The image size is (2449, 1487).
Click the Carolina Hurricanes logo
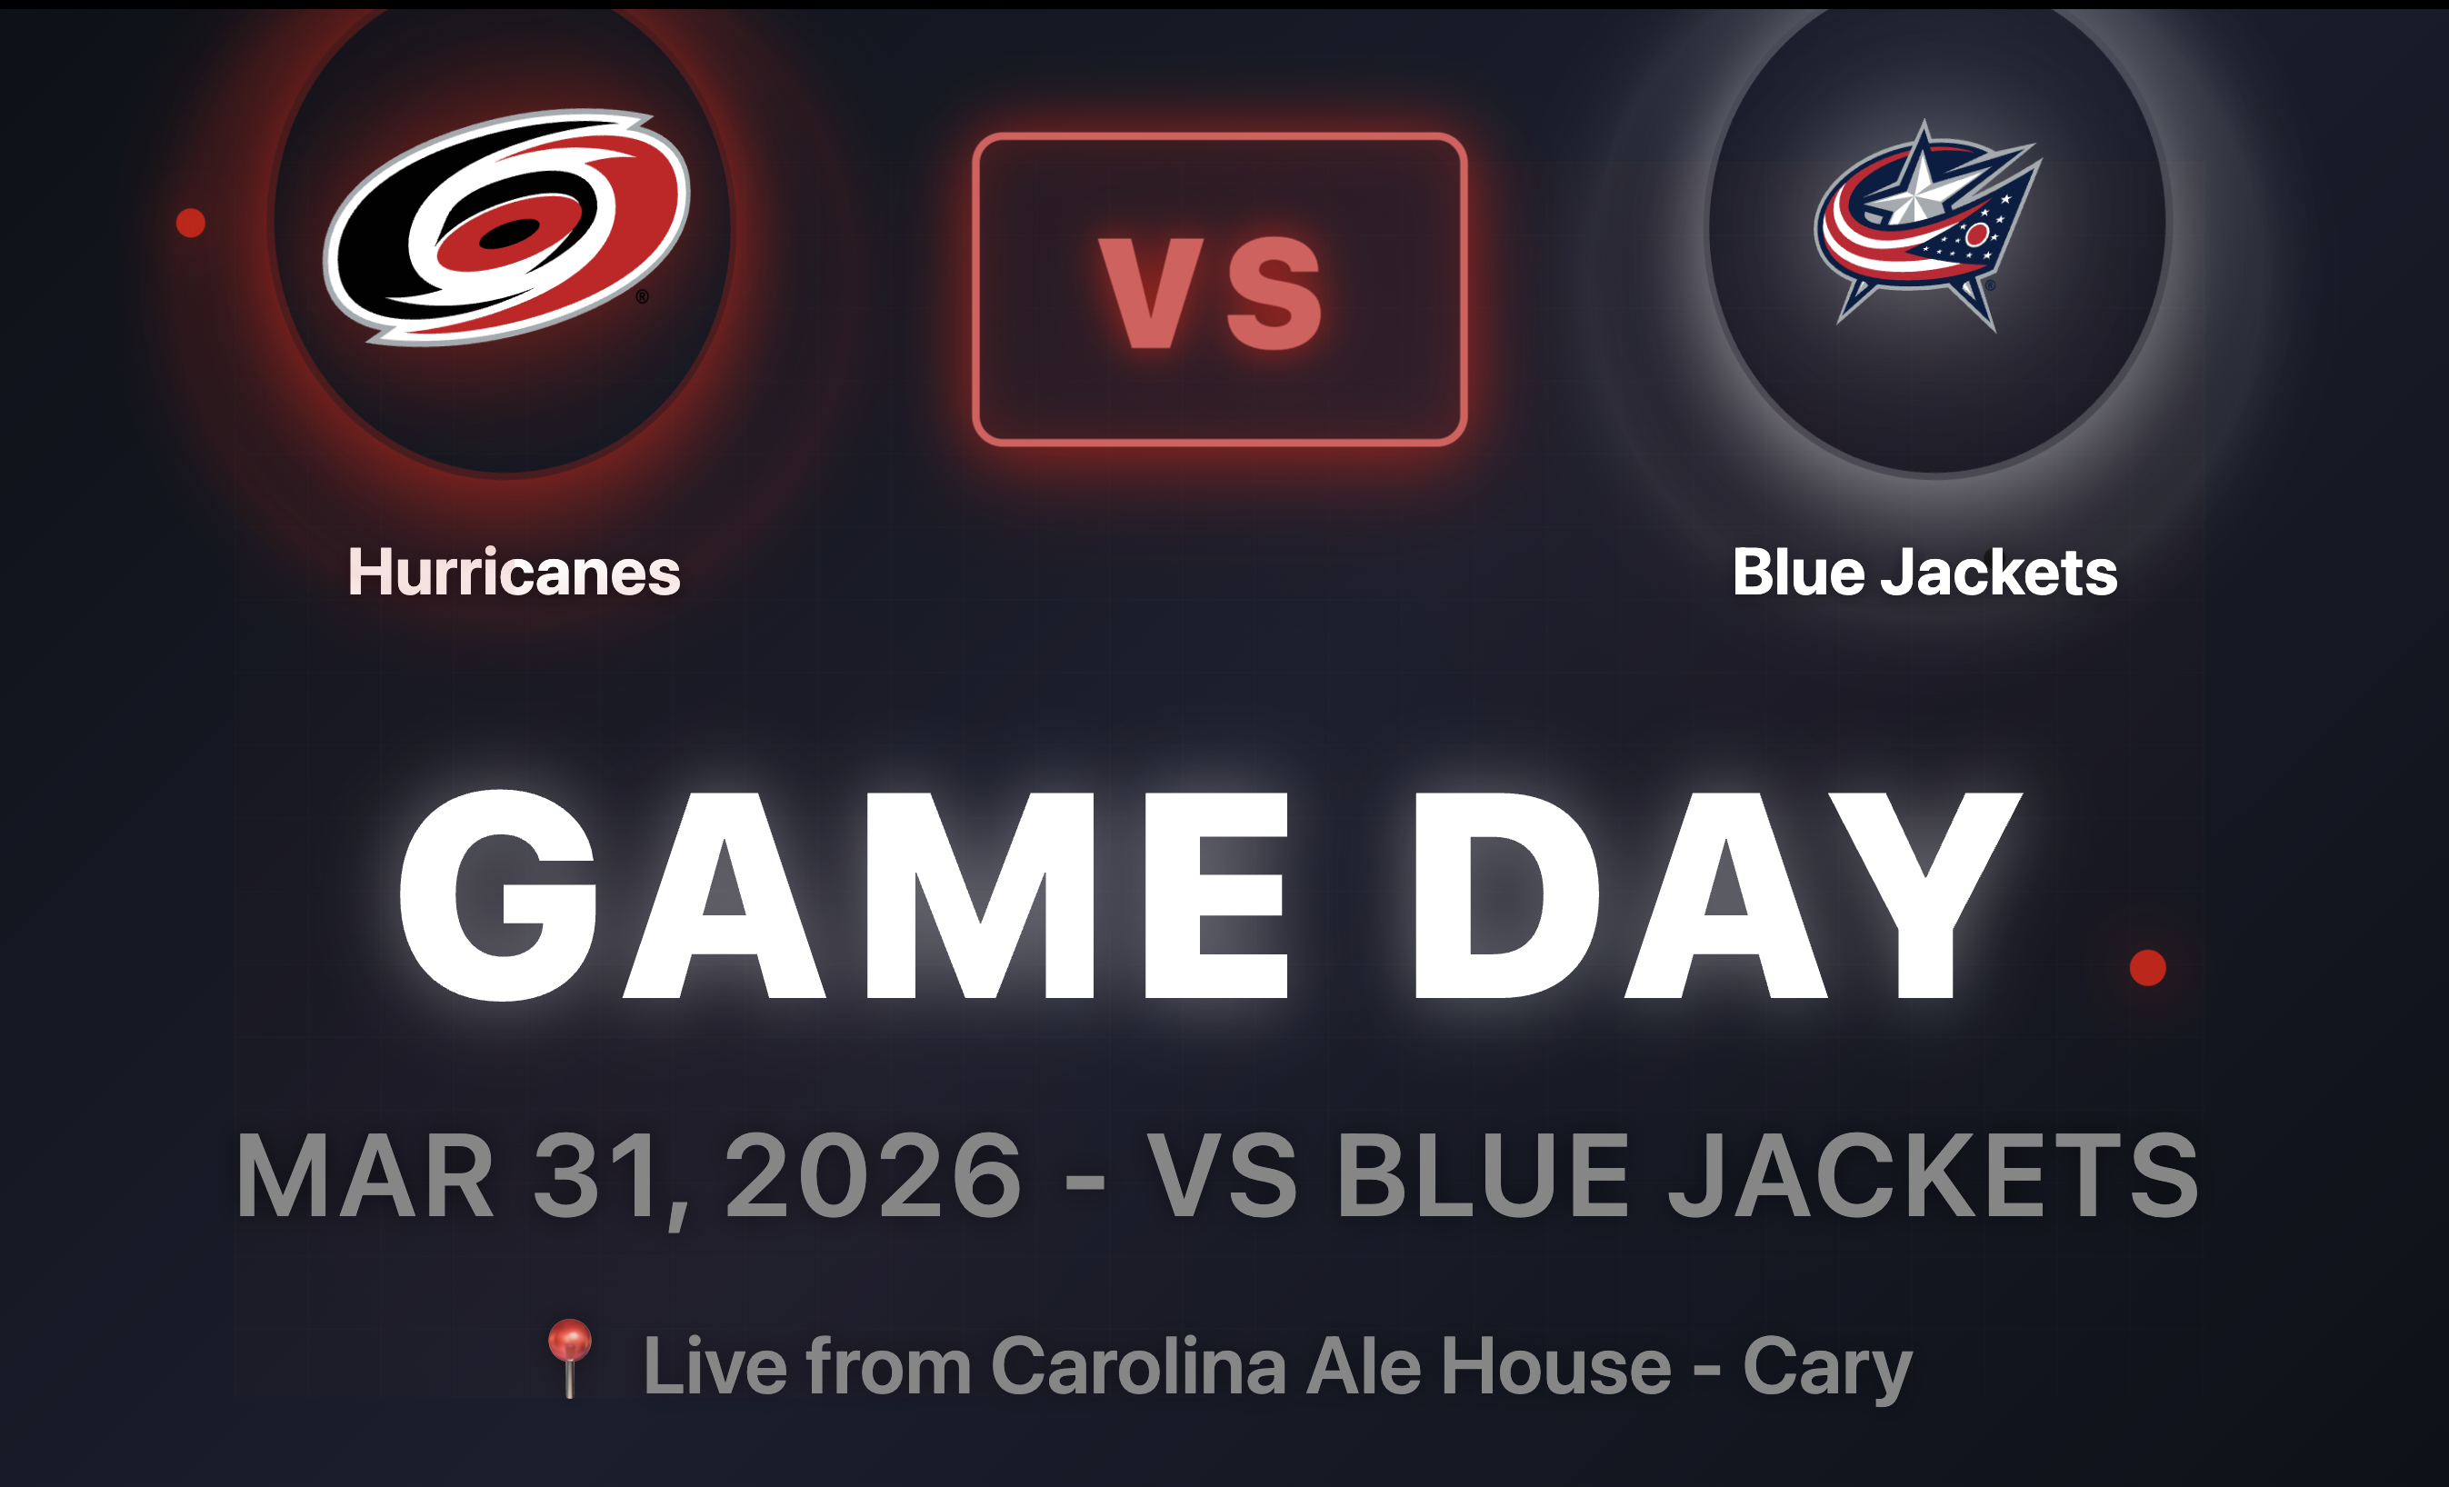[507, 226]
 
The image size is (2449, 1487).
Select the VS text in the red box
[1211, 294]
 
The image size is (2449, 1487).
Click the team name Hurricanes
[514, 573]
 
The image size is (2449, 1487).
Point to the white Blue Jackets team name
[1925, 573]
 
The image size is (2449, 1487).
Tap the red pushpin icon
[571, 1358]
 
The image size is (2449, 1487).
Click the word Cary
[1827, 1370]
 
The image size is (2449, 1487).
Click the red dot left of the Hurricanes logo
[191, 223]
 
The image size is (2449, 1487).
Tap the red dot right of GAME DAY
[2148, 967]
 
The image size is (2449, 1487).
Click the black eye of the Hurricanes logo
[509, 235]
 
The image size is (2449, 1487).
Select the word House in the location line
[1556, 1366]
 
